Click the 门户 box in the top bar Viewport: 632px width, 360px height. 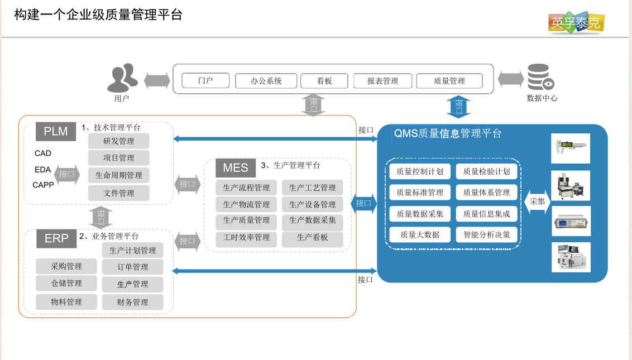205,80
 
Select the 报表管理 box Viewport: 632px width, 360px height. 382,81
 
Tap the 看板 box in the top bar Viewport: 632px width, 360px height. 324,81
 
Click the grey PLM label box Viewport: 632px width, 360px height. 56,132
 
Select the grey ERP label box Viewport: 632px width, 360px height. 56,239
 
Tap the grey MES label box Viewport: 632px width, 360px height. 235,167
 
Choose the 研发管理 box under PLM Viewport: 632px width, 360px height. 119,141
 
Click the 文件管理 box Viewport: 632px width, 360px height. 119,193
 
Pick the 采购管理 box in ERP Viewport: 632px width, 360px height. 66,266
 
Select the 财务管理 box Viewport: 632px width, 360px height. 133,302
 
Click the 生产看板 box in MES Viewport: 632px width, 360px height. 313,238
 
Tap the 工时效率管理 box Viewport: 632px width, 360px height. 246,238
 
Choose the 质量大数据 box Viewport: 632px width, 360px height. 420,234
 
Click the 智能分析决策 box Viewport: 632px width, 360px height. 487,234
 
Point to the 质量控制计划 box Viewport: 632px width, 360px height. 420,171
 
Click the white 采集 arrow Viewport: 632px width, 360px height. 537,201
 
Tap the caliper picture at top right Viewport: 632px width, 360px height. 571,148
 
